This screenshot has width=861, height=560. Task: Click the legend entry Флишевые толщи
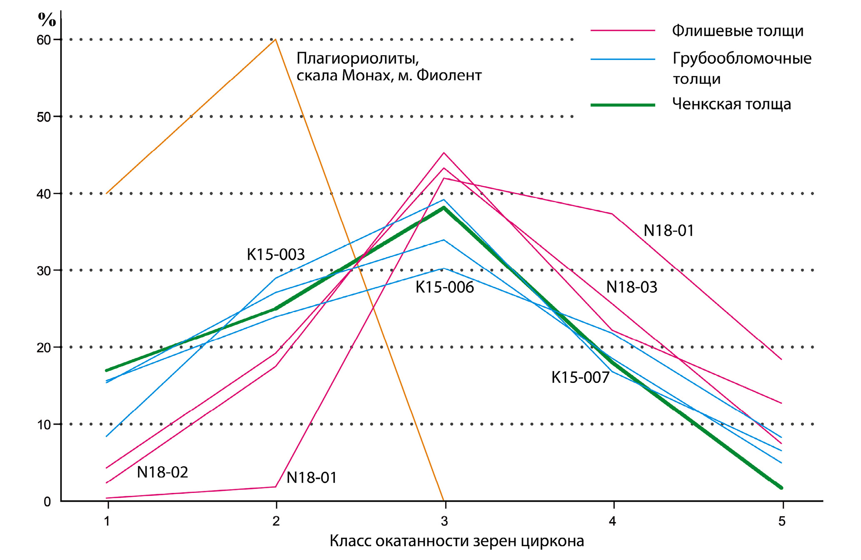point(737,31)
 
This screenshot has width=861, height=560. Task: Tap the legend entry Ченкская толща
point(731,104)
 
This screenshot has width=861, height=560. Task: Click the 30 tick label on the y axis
point(43,271)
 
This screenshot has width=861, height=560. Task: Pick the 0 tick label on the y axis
point(47,502)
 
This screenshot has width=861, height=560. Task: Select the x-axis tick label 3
point(444,521)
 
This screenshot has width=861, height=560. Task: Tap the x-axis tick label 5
point(782,521)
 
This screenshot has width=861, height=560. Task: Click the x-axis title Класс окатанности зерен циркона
point(457,541)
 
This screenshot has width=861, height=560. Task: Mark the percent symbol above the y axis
point(47,19)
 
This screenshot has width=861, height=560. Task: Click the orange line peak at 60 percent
point(275,40)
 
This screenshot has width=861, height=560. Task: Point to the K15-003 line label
point(276,255)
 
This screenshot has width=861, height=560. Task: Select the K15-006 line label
point(444,287)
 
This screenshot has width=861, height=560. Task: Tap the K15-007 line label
point(580,377)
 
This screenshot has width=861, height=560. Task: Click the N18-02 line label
point(162,472)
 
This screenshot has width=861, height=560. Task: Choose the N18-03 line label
point(631,287)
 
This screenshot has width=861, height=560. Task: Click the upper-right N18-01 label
point(669,231)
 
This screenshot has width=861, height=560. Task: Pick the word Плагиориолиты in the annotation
point(357,59)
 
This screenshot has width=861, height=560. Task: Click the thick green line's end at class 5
point(781,487)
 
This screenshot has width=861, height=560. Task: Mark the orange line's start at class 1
point(107,193)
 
